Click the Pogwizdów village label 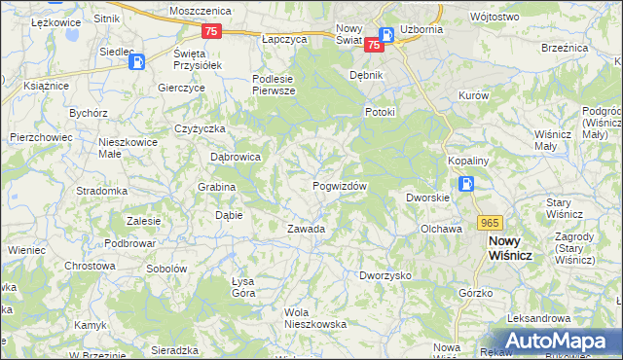pos(340,186)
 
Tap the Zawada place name pos(305,230)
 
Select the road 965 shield pos(491,222)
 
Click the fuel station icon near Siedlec pos(138,62)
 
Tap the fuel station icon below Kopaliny pos(467,183)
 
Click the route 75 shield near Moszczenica pos(213,31)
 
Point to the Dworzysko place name pos(385,275)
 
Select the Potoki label pos(380,112)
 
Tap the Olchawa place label pos(440,229)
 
